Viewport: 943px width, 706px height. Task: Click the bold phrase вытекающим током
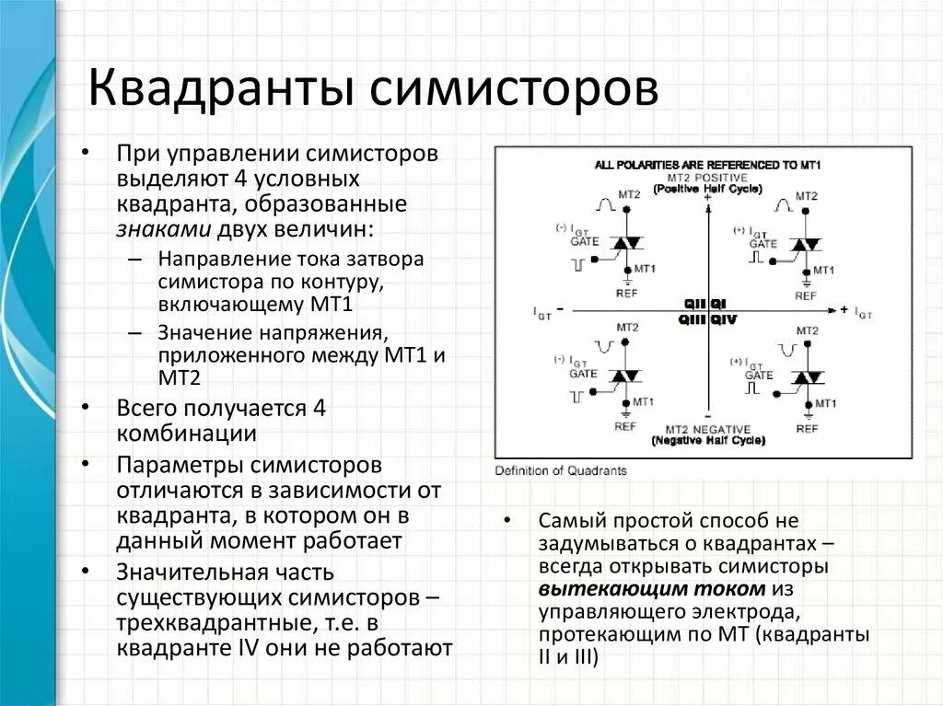(652, 589)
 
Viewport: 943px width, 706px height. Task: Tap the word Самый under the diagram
(570, 521)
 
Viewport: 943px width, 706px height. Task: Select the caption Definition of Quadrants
(561, 470)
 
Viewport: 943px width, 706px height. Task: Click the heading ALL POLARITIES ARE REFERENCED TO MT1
(707, 165)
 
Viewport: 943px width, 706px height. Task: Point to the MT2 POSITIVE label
(707, 177)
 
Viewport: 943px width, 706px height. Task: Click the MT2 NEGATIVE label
(707, 430)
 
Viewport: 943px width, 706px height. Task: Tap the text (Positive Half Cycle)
(707, 188)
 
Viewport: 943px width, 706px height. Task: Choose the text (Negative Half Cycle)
(707, 441)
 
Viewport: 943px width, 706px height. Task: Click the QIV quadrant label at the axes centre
(724, 318)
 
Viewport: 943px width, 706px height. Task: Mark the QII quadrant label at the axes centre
(693, 304)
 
